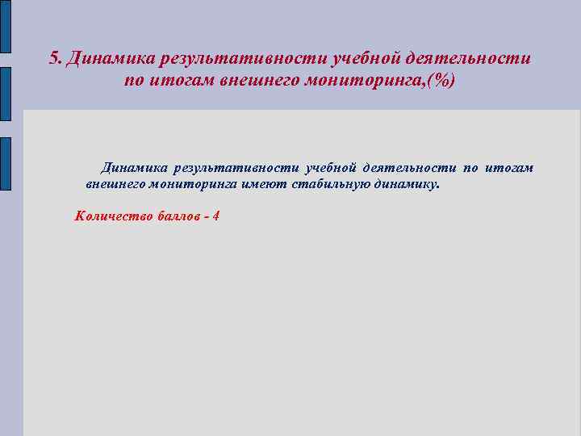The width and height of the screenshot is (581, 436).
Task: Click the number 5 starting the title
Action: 54,58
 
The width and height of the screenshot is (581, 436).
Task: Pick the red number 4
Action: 215,216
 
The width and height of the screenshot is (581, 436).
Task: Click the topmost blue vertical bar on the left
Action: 5,27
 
